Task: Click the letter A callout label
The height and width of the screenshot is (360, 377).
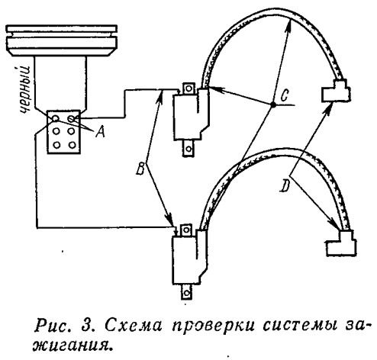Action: [x=101, y=132]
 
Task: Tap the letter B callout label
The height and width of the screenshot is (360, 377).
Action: [x=140, y=169]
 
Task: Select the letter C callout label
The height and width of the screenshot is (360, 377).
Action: [x=285, y=95]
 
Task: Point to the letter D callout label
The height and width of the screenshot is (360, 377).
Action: [x=285, y=186]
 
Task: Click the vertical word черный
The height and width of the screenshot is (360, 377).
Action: [x=25, y=90]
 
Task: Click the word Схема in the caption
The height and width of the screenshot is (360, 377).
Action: [x=134, y=326]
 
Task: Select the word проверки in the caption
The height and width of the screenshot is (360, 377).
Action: [x=213, y=326]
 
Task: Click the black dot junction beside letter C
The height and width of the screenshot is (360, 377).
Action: [x=272, y=104]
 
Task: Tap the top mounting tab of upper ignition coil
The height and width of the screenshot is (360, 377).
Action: [x=188, y=88]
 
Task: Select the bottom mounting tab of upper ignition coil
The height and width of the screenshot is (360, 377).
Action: [x=188, y=148]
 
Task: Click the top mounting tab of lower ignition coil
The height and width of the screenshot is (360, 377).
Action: [x=186, y=230]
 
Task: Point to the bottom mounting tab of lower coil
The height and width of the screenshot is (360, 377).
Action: [x=187, y=292]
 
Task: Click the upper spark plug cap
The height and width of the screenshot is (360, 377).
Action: [x=337, y=92]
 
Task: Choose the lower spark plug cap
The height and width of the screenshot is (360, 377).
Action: [x=341, y=243]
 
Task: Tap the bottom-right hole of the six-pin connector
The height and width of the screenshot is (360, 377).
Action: [x=72, y=145]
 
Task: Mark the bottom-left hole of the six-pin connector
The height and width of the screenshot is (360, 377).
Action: [x=56, y=145]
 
